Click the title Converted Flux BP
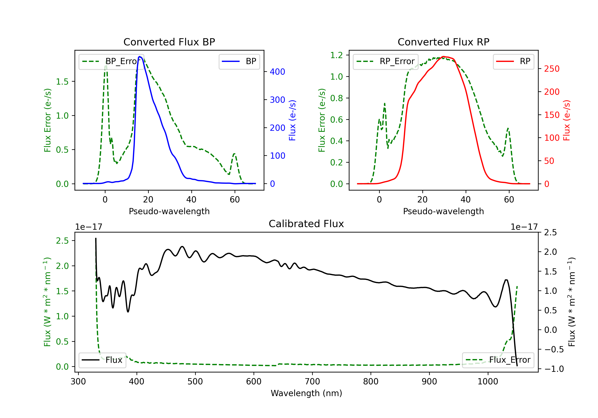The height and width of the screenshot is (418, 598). [169, 42]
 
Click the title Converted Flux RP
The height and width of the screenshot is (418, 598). [443, 42]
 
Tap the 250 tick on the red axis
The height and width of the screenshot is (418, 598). [552, 69]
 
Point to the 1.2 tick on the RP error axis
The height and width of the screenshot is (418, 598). [336, 55]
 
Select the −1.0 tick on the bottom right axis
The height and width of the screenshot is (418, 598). [554, 369]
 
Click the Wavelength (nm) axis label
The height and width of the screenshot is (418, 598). [306, 393]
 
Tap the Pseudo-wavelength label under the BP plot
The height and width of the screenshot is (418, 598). [169, 211]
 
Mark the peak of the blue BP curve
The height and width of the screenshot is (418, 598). [140, 57]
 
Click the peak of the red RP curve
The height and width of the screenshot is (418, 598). [443, 57]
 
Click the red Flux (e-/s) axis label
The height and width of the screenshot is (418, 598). [567, 120]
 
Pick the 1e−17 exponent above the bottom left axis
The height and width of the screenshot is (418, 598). [89, 227]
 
